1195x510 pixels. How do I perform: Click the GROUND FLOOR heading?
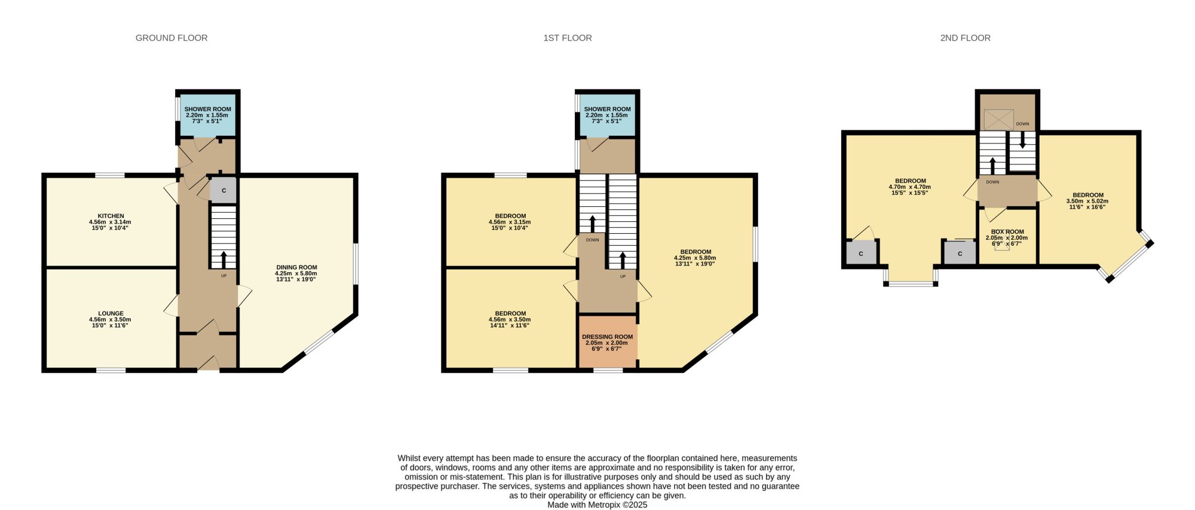tap(171, 38)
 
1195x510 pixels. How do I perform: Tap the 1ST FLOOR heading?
tap(568, 38)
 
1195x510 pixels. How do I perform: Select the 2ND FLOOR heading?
tap(965, 38)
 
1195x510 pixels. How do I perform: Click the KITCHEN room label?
tap(111, 216)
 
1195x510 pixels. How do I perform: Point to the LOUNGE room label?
tap(111, 313)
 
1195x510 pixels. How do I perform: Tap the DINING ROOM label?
tap(296, 267)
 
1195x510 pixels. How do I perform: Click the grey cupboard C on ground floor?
tap(223, 191)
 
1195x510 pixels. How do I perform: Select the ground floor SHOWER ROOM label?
tap(207, 109)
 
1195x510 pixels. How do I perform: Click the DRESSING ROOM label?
tap(607, 337)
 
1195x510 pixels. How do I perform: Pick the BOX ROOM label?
tap(1007, 232)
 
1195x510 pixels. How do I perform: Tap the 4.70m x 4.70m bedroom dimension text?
tap(909, 187)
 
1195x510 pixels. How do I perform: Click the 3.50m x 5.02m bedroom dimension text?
tap(1087, 201)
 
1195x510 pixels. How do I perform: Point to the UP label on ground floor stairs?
tap(224, 276)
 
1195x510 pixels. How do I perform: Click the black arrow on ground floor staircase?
tap(224, 259)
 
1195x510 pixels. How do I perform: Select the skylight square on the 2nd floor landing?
tap(998, 120)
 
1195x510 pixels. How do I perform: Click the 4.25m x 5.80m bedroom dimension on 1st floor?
tap(695, 258)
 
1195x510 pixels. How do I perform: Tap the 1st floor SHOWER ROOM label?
tap(607, 109)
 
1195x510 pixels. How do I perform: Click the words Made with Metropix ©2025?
tap(597, 505)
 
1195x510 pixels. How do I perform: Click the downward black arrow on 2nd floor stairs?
tap(1022, 140)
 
